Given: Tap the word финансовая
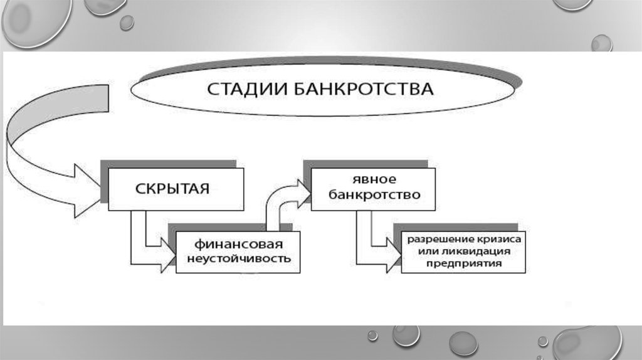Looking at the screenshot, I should point(238,243).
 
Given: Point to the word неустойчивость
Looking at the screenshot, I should point(238,258).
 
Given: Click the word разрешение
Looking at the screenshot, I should point(438,240).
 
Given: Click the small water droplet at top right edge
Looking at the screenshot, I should point(601,43).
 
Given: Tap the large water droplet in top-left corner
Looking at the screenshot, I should point(34,22).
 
